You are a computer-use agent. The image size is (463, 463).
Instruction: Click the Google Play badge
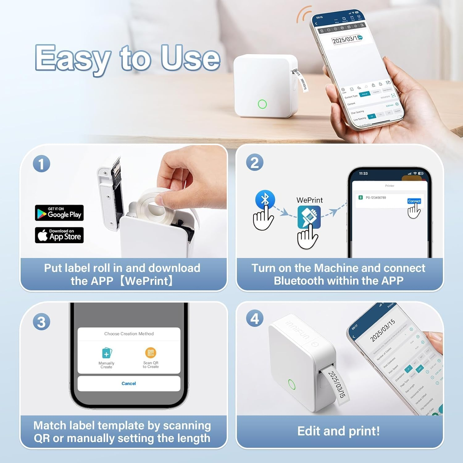[59, 213]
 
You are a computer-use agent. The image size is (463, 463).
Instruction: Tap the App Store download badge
[59, 235]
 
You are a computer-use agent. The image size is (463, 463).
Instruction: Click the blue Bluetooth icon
[265, 199]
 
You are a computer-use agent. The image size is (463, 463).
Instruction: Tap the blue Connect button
[414, 201]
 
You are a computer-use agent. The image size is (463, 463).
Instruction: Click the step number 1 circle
[41, 164]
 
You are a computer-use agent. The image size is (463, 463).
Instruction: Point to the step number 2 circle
[255, 163]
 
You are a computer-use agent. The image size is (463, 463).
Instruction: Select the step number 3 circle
[41, 322]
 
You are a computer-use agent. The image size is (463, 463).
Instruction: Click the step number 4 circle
[255, 318]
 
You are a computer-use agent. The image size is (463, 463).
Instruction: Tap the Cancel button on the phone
[129, 383]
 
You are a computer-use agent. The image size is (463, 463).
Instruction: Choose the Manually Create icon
[106, 353]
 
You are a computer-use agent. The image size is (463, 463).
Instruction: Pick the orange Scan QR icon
[151, 352]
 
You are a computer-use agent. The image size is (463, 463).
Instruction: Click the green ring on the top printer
[262, 104]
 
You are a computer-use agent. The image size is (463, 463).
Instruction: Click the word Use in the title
[190, 58]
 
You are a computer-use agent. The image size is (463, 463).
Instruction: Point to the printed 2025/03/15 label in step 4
[336, 384]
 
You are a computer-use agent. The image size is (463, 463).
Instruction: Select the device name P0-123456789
[376, 198]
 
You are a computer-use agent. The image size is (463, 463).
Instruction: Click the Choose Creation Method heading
[129, 334]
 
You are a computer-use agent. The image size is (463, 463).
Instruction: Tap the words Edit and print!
[339, 431]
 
